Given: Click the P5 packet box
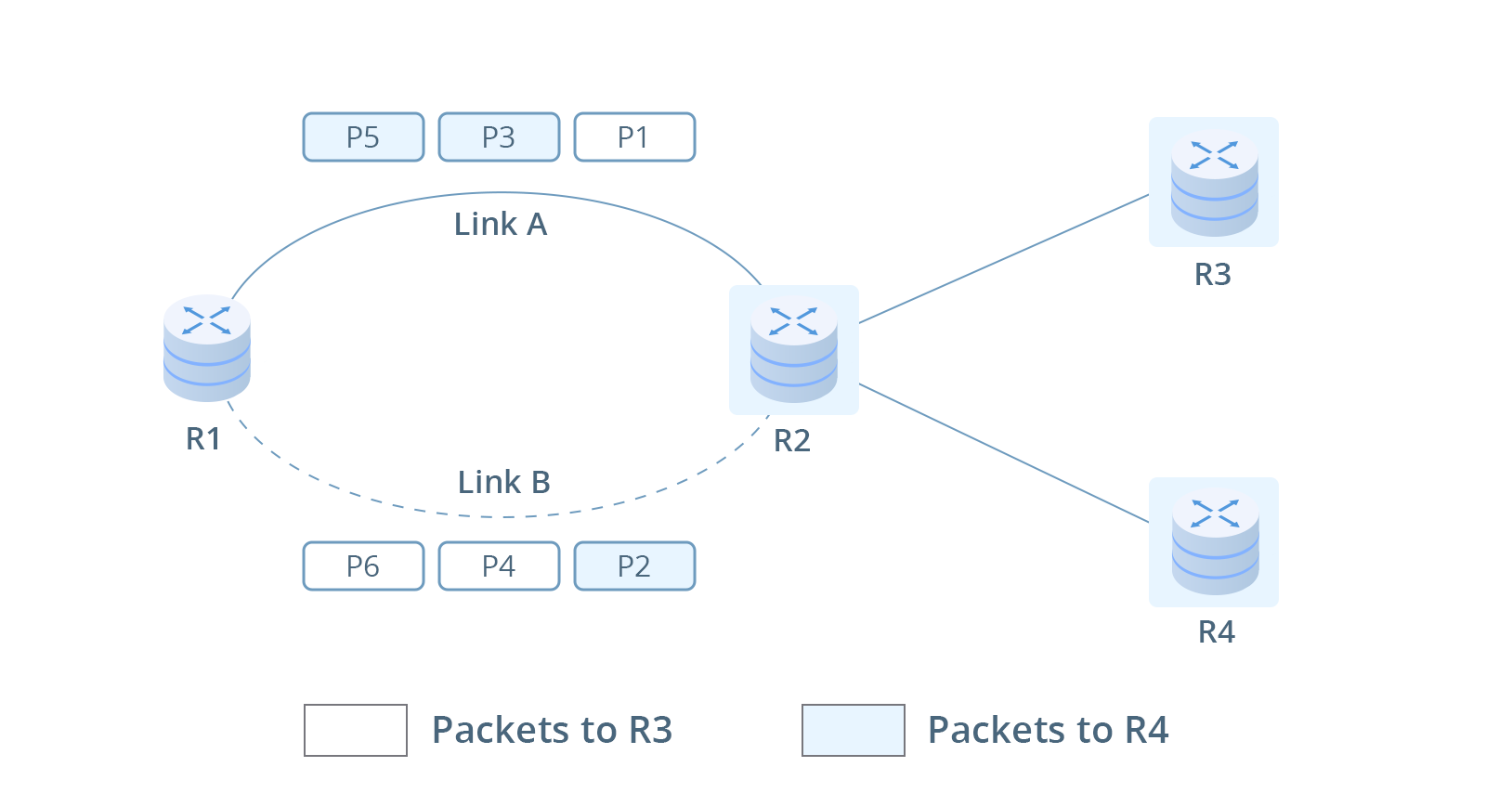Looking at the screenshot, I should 363,137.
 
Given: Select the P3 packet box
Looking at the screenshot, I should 499,137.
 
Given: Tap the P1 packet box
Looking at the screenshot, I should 634,137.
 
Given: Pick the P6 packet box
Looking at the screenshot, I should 363,566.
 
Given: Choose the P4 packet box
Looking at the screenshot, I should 499,566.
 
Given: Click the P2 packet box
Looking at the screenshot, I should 634,566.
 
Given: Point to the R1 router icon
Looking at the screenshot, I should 206,348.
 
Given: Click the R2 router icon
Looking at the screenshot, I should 793,350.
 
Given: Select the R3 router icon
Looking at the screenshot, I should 1213,182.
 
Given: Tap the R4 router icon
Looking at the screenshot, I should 1213,542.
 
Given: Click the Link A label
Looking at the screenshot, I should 500,225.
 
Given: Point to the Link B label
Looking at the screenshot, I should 503,483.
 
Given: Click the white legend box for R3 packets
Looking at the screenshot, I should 355,731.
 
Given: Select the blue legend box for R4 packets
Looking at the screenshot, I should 853,731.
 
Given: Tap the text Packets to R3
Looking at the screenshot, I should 552,731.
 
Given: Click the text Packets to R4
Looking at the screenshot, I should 1048,731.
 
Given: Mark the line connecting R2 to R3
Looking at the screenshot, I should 1003,259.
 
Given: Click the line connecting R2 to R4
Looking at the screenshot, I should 1003,453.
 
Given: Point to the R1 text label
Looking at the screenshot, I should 203,439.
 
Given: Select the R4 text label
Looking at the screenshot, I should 1216,632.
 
